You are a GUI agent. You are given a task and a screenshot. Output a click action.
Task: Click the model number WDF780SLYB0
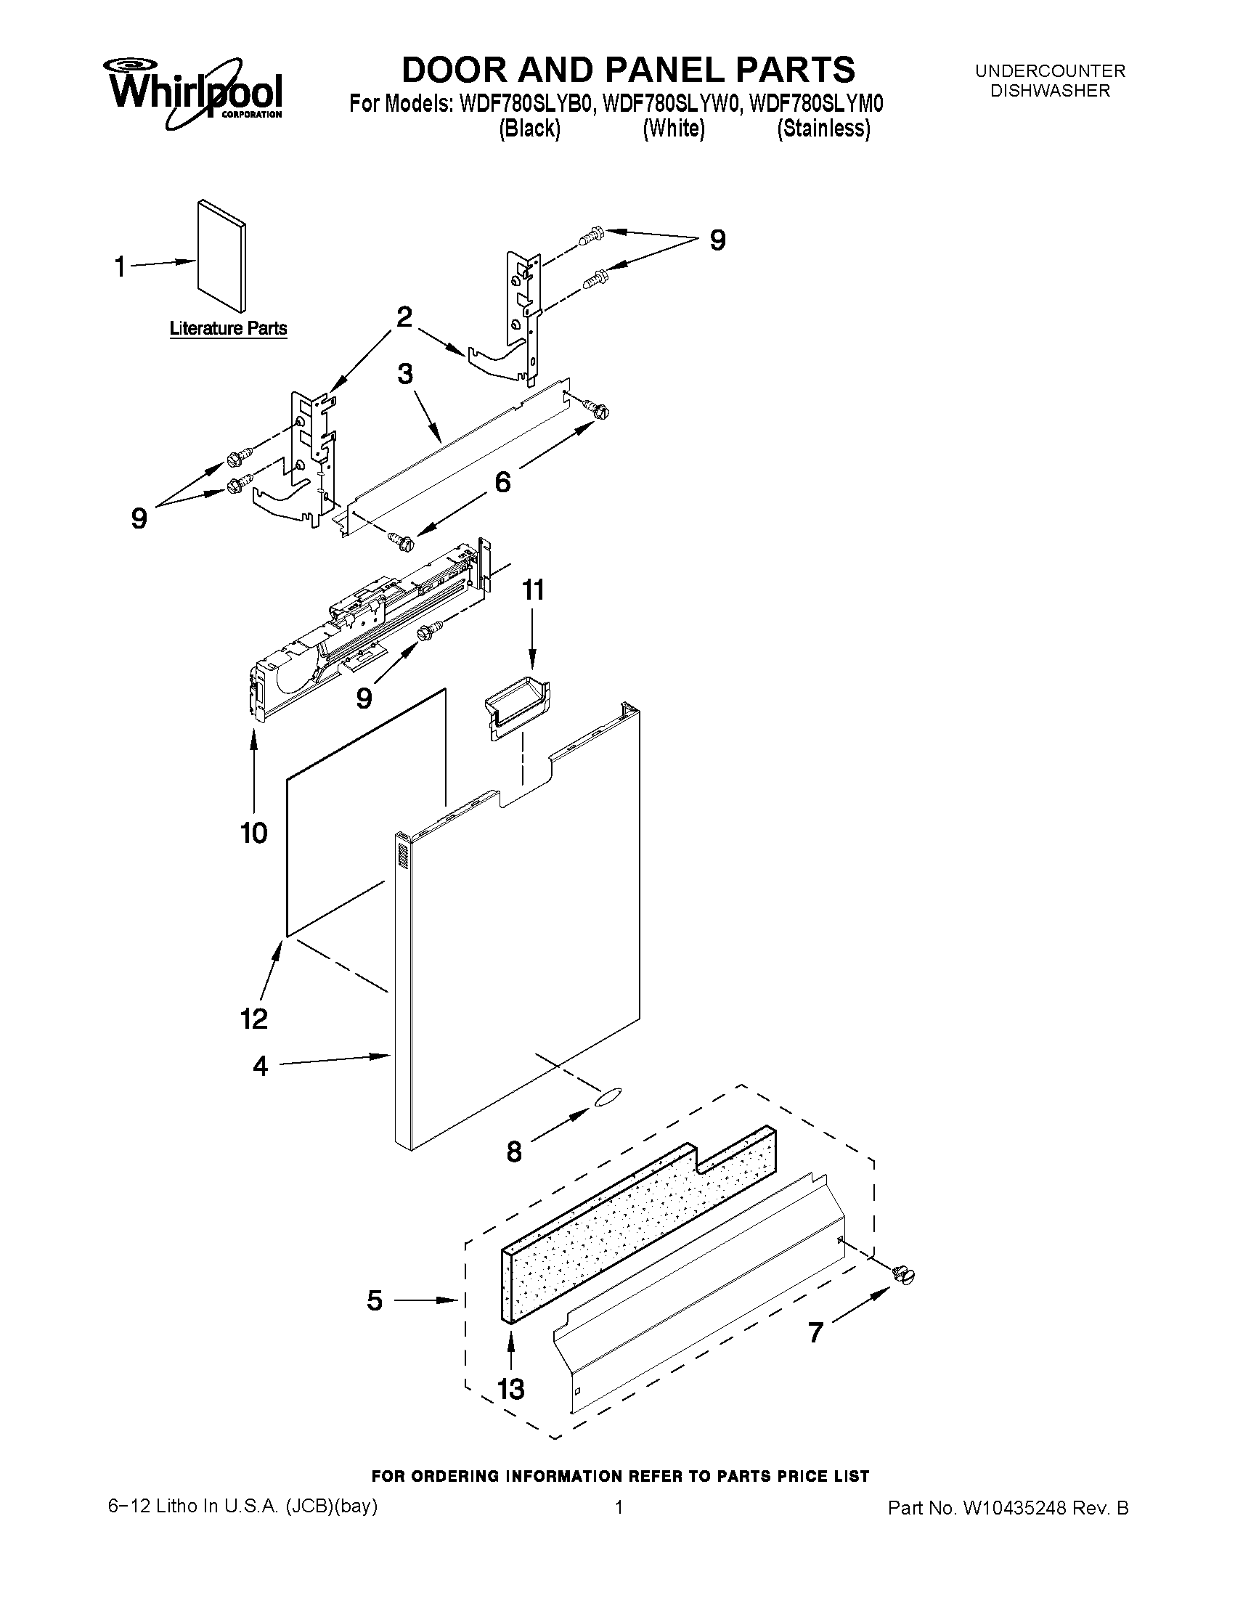coord(524,105)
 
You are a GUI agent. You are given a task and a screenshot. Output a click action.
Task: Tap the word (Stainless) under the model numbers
coord(823,129)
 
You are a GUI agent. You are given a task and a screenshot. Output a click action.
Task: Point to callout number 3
coord(405,375)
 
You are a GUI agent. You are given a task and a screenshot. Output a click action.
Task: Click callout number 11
coord(533,590)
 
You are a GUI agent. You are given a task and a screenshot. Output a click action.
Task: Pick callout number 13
coord(510,1388)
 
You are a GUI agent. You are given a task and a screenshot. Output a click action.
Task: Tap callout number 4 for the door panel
coord(261,1066)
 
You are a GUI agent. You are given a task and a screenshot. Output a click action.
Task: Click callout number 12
coord(254,1018)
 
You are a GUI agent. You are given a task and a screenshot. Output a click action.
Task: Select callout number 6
coord(502,482)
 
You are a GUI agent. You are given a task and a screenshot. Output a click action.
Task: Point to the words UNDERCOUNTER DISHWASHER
coord(1050,81)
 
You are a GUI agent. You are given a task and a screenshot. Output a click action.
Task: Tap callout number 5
coord(375,1300)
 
